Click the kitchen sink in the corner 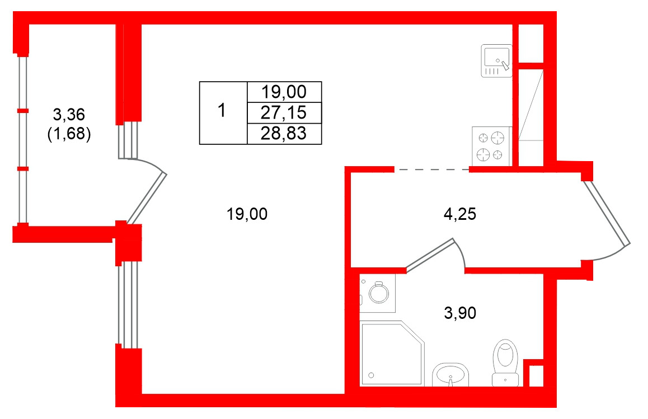(496, 61)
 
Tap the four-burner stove (492, 146)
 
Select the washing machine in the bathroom (377, 293)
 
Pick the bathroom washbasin (450, 375)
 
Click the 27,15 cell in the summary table (284, 112)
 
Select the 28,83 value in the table (284, 134)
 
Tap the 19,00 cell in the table (284, 92)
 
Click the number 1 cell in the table (223, 112)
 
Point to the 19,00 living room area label (247, 214)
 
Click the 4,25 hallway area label (459, 214)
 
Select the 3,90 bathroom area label (460, 313)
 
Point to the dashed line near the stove (432, 170)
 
